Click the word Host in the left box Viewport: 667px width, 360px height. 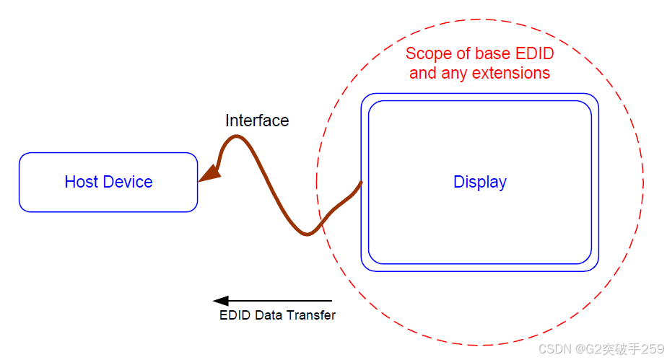[x=79, y=182]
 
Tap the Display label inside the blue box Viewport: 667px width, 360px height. [x=480, y=182]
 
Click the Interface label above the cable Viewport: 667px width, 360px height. [x=257, y=120]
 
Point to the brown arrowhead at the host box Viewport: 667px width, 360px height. [x=209, y=174]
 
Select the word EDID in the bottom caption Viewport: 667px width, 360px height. [x=235, y=315]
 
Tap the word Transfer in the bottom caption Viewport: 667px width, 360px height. [x=311, y=315]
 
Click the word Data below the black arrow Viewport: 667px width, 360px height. [x=270, y=315]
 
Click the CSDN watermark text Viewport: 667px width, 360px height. [x=555, y=349]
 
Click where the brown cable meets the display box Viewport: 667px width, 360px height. [x=360, y=184]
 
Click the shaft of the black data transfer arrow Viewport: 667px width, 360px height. [x=282, y=301]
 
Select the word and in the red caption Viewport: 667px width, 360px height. [x=423, y=73]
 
